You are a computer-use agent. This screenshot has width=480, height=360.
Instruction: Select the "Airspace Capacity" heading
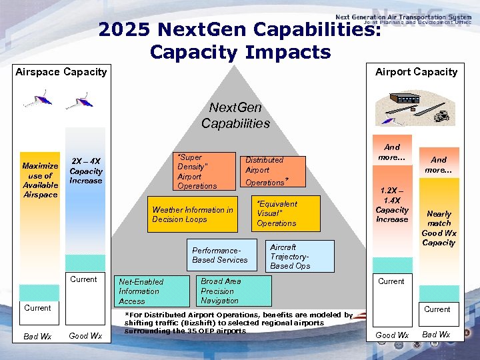(61, 71)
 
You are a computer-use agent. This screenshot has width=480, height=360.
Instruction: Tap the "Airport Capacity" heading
(416, 71)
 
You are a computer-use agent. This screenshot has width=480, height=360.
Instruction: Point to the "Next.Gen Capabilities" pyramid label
(235, 115)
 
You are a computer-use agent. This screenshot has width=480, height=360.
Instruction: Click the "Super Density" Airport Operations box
(204, 172)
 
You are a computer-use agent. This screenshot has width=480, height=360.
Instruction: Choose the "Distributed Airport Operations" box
(272, 171)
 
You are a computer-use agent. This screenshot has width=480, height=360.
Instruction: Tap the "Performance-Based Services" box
(220, 255)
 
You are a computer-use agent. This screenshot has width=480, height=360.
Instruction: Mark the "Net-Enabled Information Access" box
(147, 291)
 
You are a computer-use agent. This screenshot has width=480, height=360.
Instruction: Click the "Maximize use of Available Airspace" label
(40, 180)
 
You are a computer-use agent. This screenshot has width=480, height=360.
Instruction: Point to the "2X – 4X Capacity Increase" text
(86, 171)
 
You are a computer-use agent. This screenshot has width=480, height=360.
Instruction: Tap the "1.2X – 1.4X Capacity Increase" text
(392, 204)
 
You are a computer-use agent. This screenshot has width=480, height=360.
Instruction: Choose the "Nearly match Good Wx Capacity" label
(439, 229)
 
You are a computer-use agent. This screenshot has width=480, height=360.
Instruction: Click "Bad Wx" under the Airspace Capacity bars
(37, 337)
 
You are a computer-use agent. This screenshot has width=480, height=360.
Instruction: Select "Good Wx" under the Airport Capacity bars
(392, 335)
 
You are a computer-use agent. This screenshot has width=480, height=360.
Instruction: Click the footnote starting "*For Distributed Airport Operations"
(239, 323)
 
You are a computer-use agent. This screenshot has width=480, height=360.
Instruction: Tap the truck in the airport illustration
(441, 117)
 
